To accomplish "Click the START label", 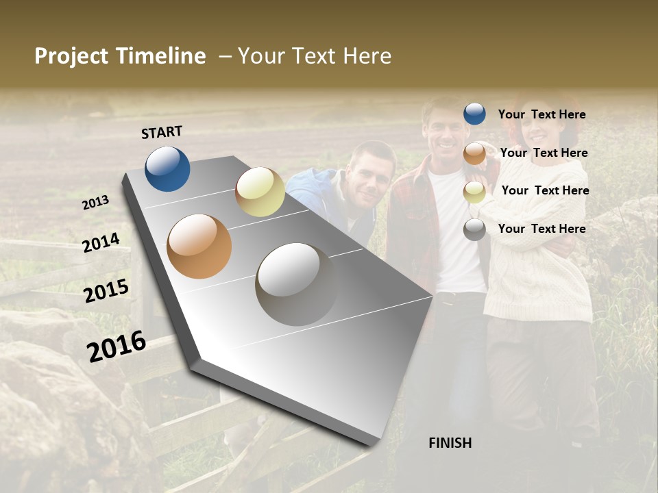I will [162, 132].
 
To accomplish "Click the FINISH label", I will [450, 443].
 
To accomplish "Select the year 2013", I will [96, 203].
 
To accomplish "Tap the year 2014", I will [101, 242].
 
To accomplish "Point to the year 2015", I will [106, 291].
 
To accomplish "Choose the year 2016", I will [117, 346].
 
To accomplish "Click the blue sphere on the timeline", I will [167, 168].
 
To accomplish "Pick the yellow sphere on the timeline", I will [260, 192].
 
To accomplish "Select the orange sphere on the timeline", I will [199, 246].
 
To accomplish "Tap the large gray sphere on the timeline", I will [296, 284].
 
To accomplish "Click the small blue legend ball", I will [474, 114].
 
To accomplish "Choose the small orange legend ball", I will [474, 153].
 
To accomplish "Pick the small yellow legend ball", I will [474, 192].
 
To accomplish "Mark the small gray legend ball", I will [474, 229].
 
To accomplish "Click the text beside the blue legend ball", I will [541, 114].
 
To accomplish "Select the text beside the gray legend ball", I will [541, 229].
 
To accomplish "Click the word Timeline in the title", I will [162, 56].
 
